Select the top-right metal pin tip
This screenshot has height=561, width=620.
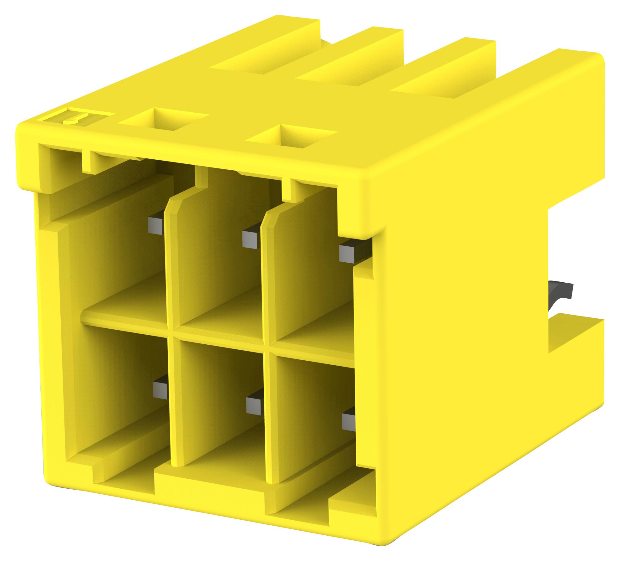347,254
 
